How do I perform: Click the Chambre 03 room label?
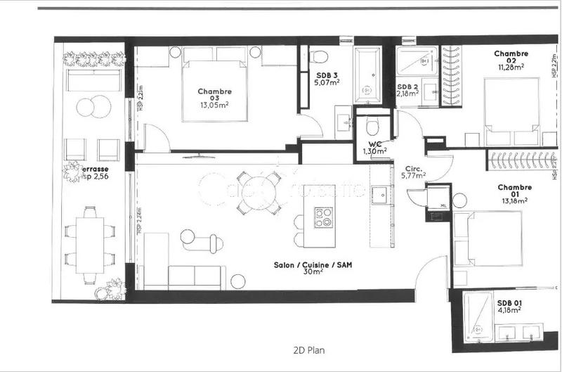pyautogui.click(x=214, y=91)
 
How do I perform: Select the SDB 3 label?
pyautogui.click(x=327, y=75)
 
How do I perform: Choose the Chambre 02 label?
pyautogui.click(x=511, y=53)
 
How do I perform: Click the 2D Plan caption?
pyautogui.click(x=308, y=349)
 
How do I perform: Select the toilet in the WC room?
pyautogui.click(x=372, y=127)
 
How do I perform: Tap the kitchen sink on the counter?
pyautogui.click(x=380, y=195)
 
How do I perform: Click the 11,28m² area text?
pyautogui.click(x=511, y=68)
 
